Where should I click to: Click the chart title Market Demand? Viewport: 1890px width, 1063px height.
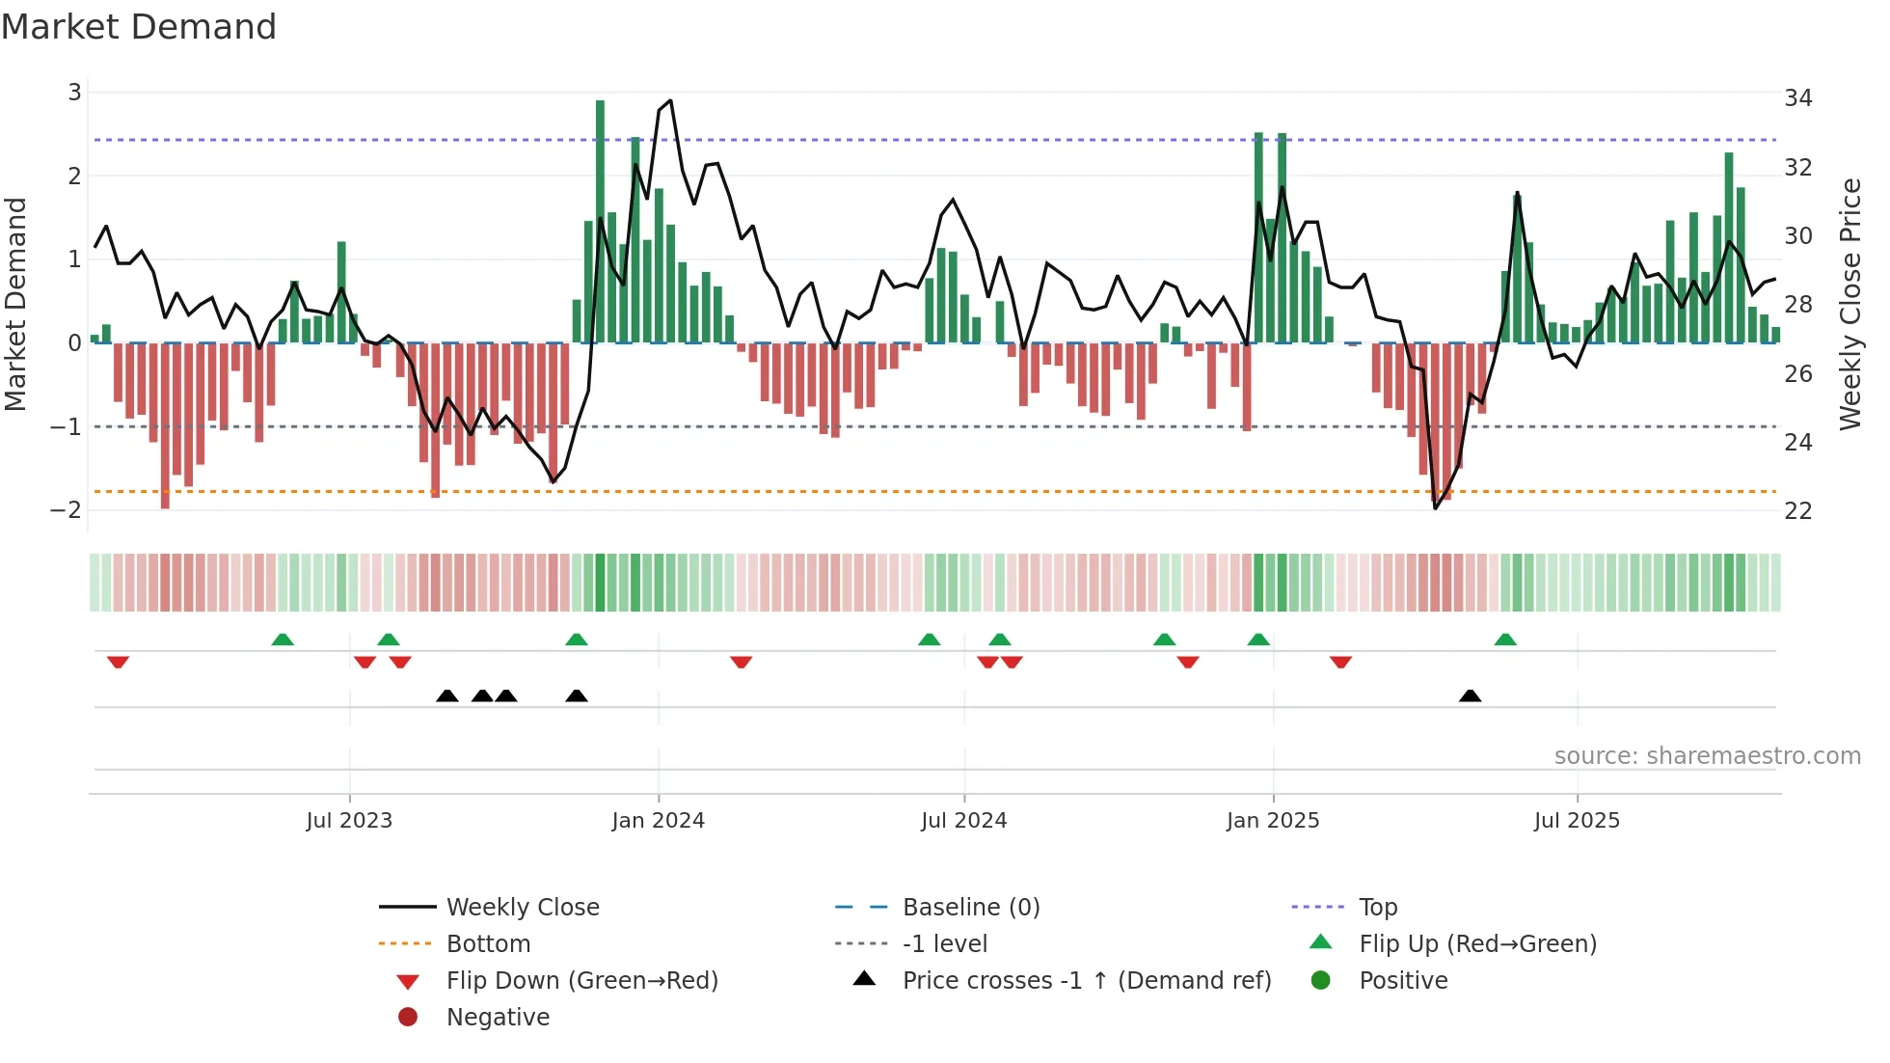coord(139,27)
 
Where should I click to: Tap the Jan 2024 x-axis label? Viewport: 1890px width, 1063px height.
coord(658,821)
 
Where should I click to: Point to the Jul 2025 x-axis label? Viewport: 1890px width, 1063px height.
coord(1577,821)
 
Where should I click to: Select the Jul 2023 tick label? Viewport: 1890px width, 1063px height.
coord(349,821)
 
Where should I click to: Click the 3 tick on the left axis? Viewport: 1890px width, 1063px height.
coord(74,93)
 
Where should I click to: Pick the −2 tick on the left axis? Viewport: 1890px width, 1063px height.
coord(67,510)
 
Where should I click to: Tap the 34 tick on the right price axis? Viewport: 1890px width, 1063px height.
coord(1797,98)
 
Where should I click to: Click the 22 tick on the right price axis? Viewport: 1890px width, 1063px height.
coord(1797,511)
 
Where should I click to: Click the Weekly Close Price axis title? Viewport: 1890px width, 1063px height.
coord(1849,304)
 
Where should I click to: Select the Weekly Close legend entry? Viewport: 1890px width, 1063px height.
coord(522,908)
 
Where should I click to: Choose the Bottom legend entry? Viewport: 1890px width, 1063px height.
coord(488,944)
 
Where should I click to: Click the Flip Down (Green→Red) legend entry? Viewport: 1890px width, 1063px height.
coord(581,981)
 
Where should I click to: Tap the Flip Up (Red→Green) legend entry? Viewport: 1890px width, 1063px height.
coord(1477,944)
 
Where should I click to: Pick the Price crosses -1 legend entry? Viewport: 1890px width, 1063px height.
coord(1086,981)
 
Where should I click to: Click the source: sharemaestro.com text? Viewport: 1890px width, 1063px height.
coord(1707,756)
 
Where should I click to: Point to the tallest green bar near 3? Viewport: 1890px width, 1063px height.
coord(600,222)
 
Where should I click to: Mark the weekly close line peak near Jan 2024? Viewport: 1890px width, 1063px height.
coord(670,100)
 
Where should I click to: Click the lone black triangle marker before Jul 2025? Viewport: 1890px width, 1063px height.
coord(1470,695)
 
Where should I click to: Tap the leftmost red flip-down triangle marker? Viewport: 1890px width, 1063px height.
coord(118,662)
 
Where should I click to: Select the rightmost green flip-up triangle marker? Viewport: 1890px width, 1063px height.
coord(1505,640)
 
